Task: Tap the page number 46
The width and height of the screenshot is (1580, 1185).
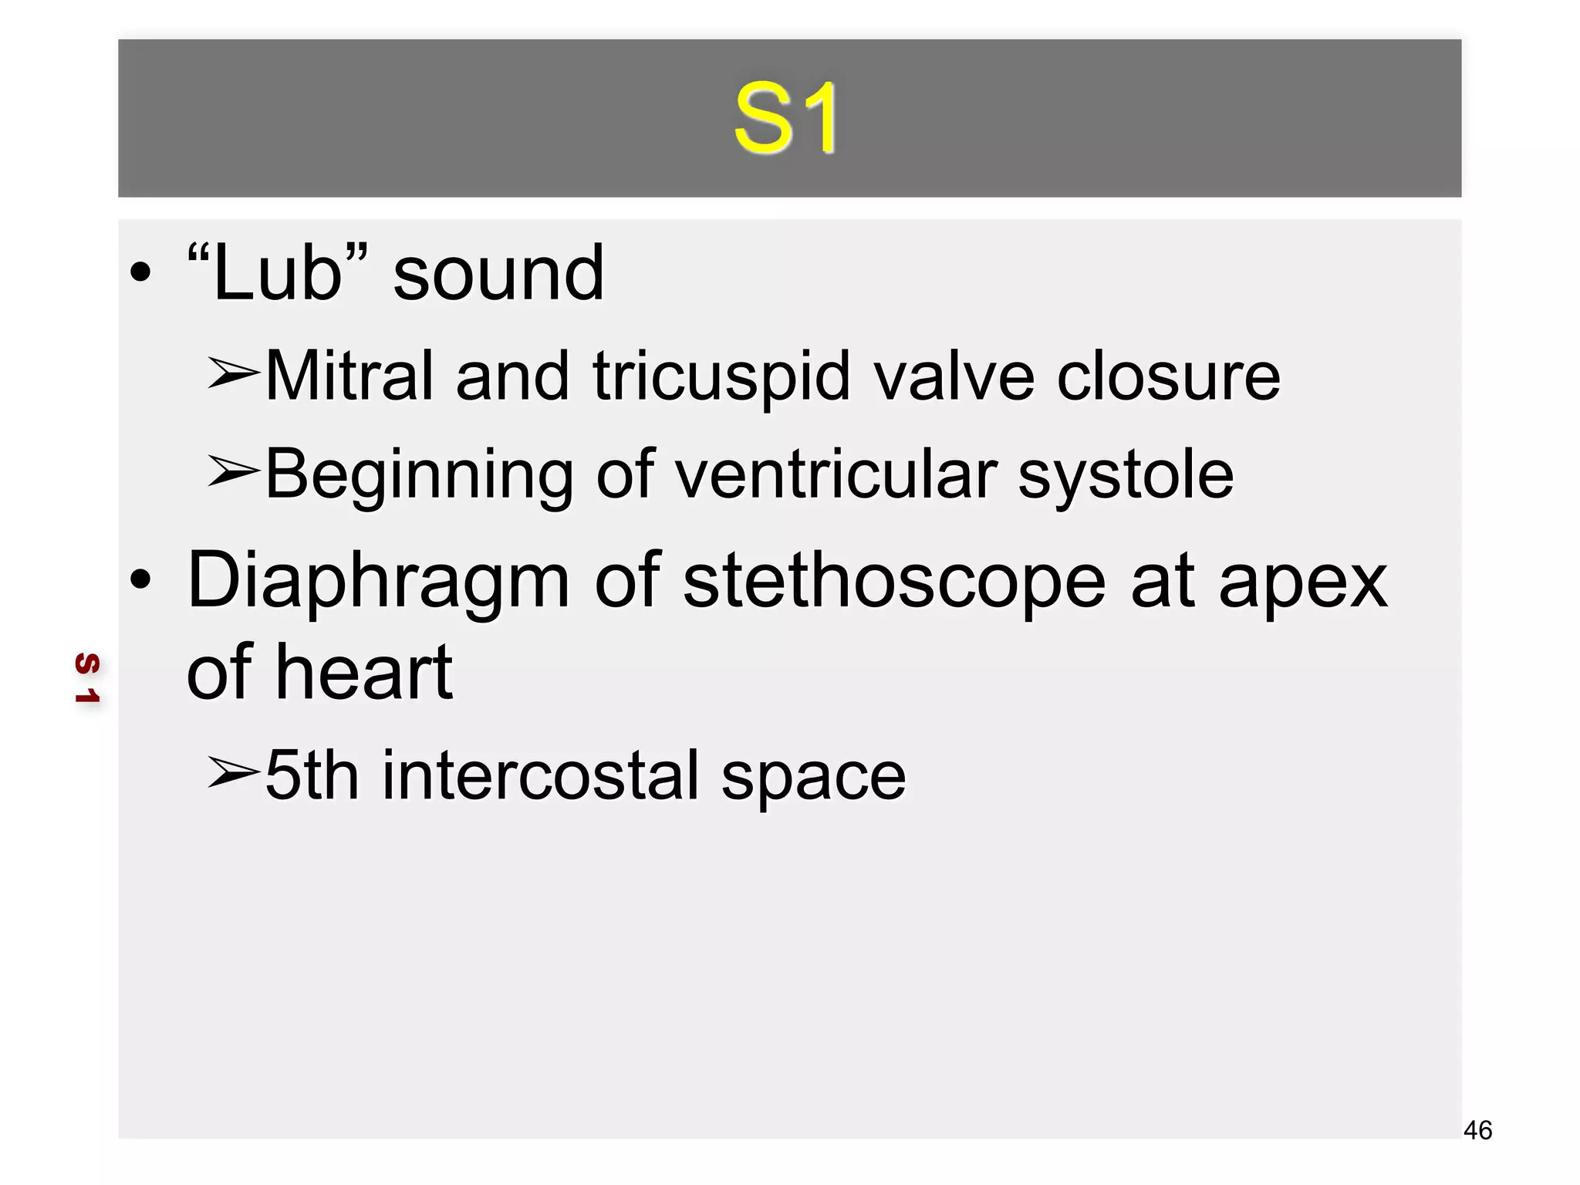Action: tap(1477, 1130)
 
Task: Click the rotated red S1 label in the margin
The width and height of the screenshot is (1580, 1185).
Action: tap(87, 677)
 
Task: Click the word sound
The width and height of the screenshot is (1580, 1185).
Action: tap(498, 273)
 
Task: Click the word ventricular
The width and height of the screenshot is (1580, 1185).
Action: tap(836, 474)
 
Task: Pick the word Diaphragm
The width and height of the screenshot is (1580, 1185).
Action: tap(378, 582)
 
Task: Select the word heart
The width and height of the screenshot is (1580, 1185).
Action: tap(365, 672)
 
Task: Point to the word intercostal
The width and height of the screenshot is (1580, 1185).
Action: tap(540, 775)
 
